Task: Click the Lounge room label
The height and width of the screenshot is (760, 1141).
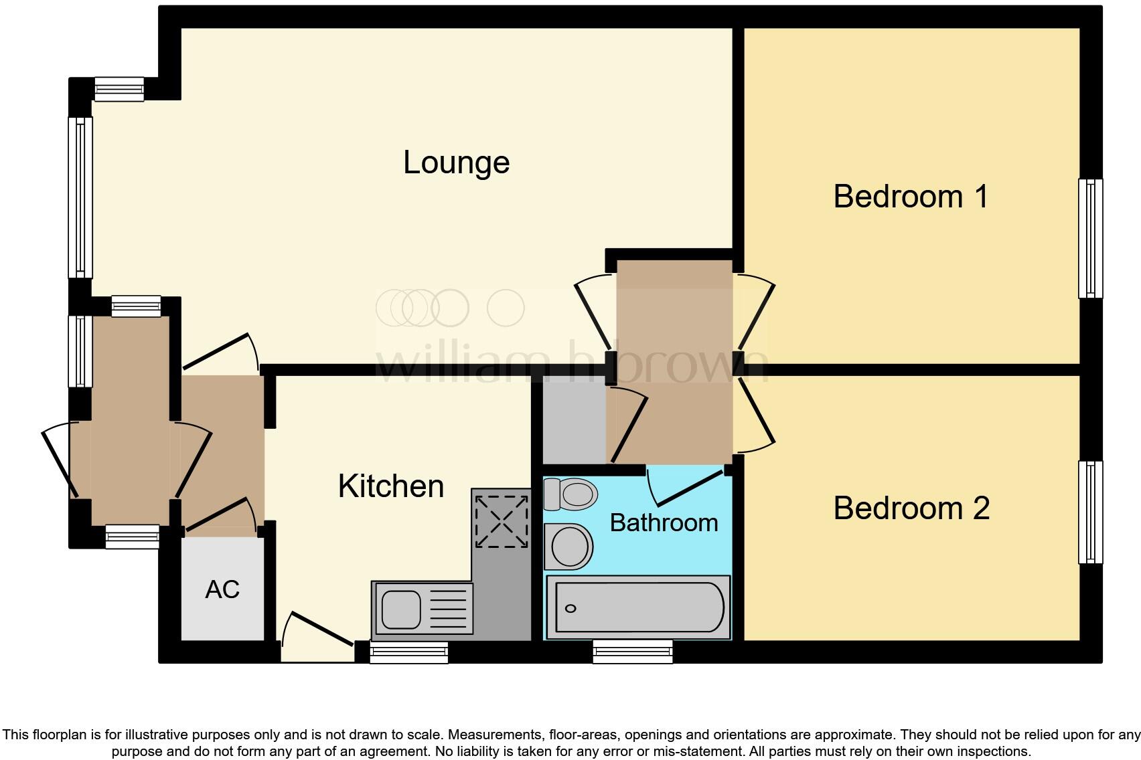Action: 456,163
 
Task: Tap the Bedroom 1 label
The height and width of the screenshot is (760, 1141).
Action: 911,197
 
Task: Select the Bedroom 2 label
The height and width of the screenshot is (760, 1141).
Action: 911,508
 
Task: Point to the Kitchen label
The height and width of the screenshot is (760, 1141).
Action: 391,486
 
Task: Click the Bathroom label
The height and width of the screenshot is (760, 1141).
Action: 664,522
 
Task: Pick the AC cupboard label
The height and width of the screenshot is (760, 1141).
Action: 222,589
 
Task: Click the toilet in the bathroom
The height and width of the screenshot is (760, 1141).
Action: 570,494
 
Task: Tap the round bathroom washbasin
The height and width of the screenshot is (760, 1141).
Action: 570,546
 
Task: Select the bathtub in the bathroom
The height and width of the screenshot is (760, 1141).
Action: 637,607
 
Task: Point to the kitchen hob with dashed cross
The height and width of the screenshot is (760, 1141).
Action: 501,521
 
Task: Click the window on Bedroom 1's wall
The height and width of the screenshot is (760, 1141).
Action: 1091,237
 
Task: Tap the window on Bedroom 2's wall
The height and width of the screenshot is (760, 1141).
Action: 1091,512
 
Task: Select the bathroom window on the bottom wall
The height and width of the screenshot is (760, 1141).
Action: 633,651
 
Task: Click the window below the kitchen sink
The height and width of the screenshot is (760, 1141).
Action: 409,652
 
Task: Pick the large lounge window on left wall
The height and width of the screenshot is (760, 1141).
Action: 80,197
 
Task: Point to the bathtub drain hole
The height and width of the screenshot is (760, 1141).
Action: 570,608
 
